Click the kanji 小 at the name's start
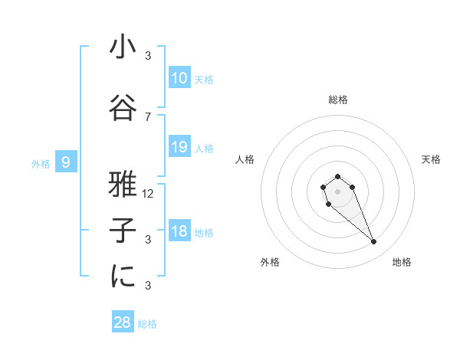point(123,48)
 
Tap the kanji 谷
point(123,108)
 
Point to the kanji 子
point(123,231)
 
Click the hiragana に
point(123,277)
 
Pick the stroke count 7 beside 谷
point(148,116)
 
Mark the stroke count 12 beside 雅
point(148,193)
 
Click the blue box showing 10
point(179,78)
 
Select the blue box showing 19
point(179,147)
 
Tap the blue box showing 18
point(179,232)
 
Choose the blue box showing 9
point(66,162)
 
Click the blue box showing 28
point(122,322)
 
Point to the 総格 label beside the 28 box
point(147,324)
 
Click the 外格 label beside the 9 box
point(40,163)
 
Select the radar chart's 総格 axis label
point(337,100)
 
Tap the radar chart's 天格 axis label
point(431,159)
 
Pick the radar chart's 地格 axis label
point(402,262)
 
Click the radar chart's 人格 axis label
point(245,159)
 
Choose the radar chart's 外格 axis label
point(270,262)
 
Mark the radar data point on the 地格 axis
point(373,242)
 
